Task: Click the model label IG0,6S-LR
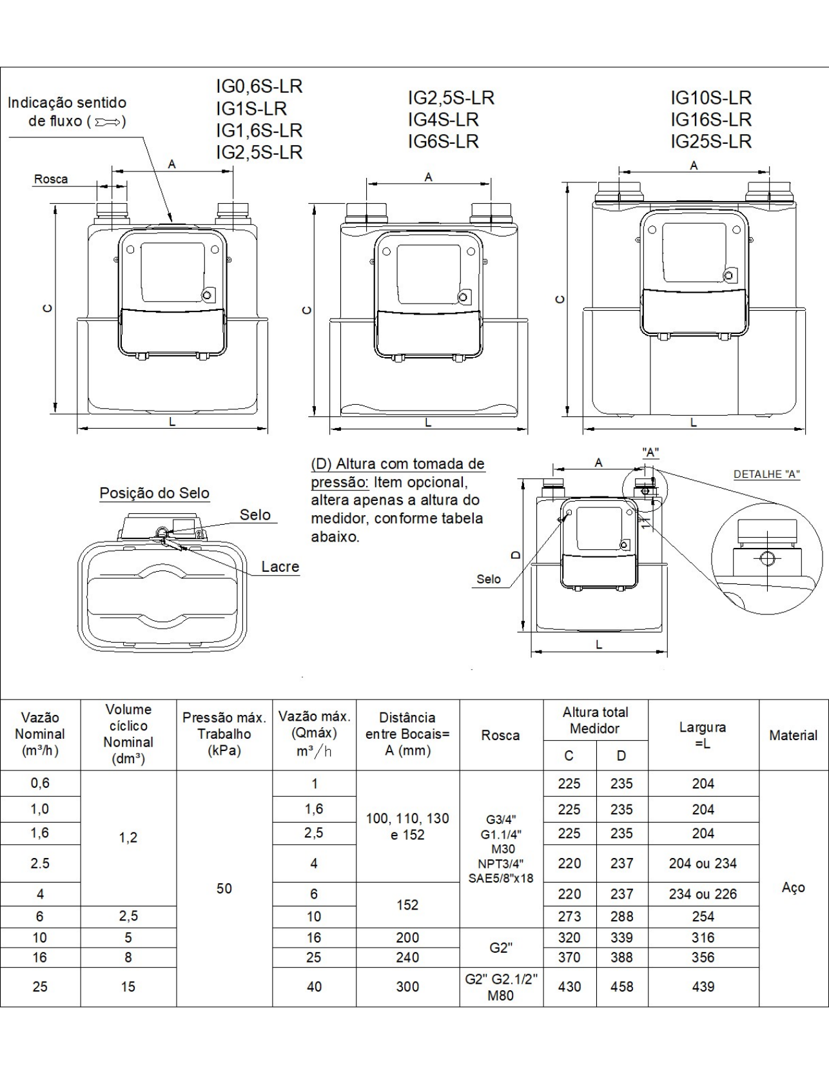click(x=259, y=86)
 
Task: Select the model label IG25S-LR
click(x=711, y=141)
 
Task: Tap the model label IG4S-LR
click(x=444, y=119)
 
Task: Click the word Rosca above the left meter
click(x=51, y=179)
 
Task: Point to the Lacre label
click(x=280, y=567)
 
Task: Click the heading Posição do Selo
click(x=154, y=493)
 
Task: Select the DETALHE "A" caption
click(x=766, y=474)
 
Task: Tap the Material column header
click(x=793, y=735)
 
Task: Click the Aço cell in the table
click(x=793, y=888)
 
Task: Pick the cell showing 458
click(x=621, y=986)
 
